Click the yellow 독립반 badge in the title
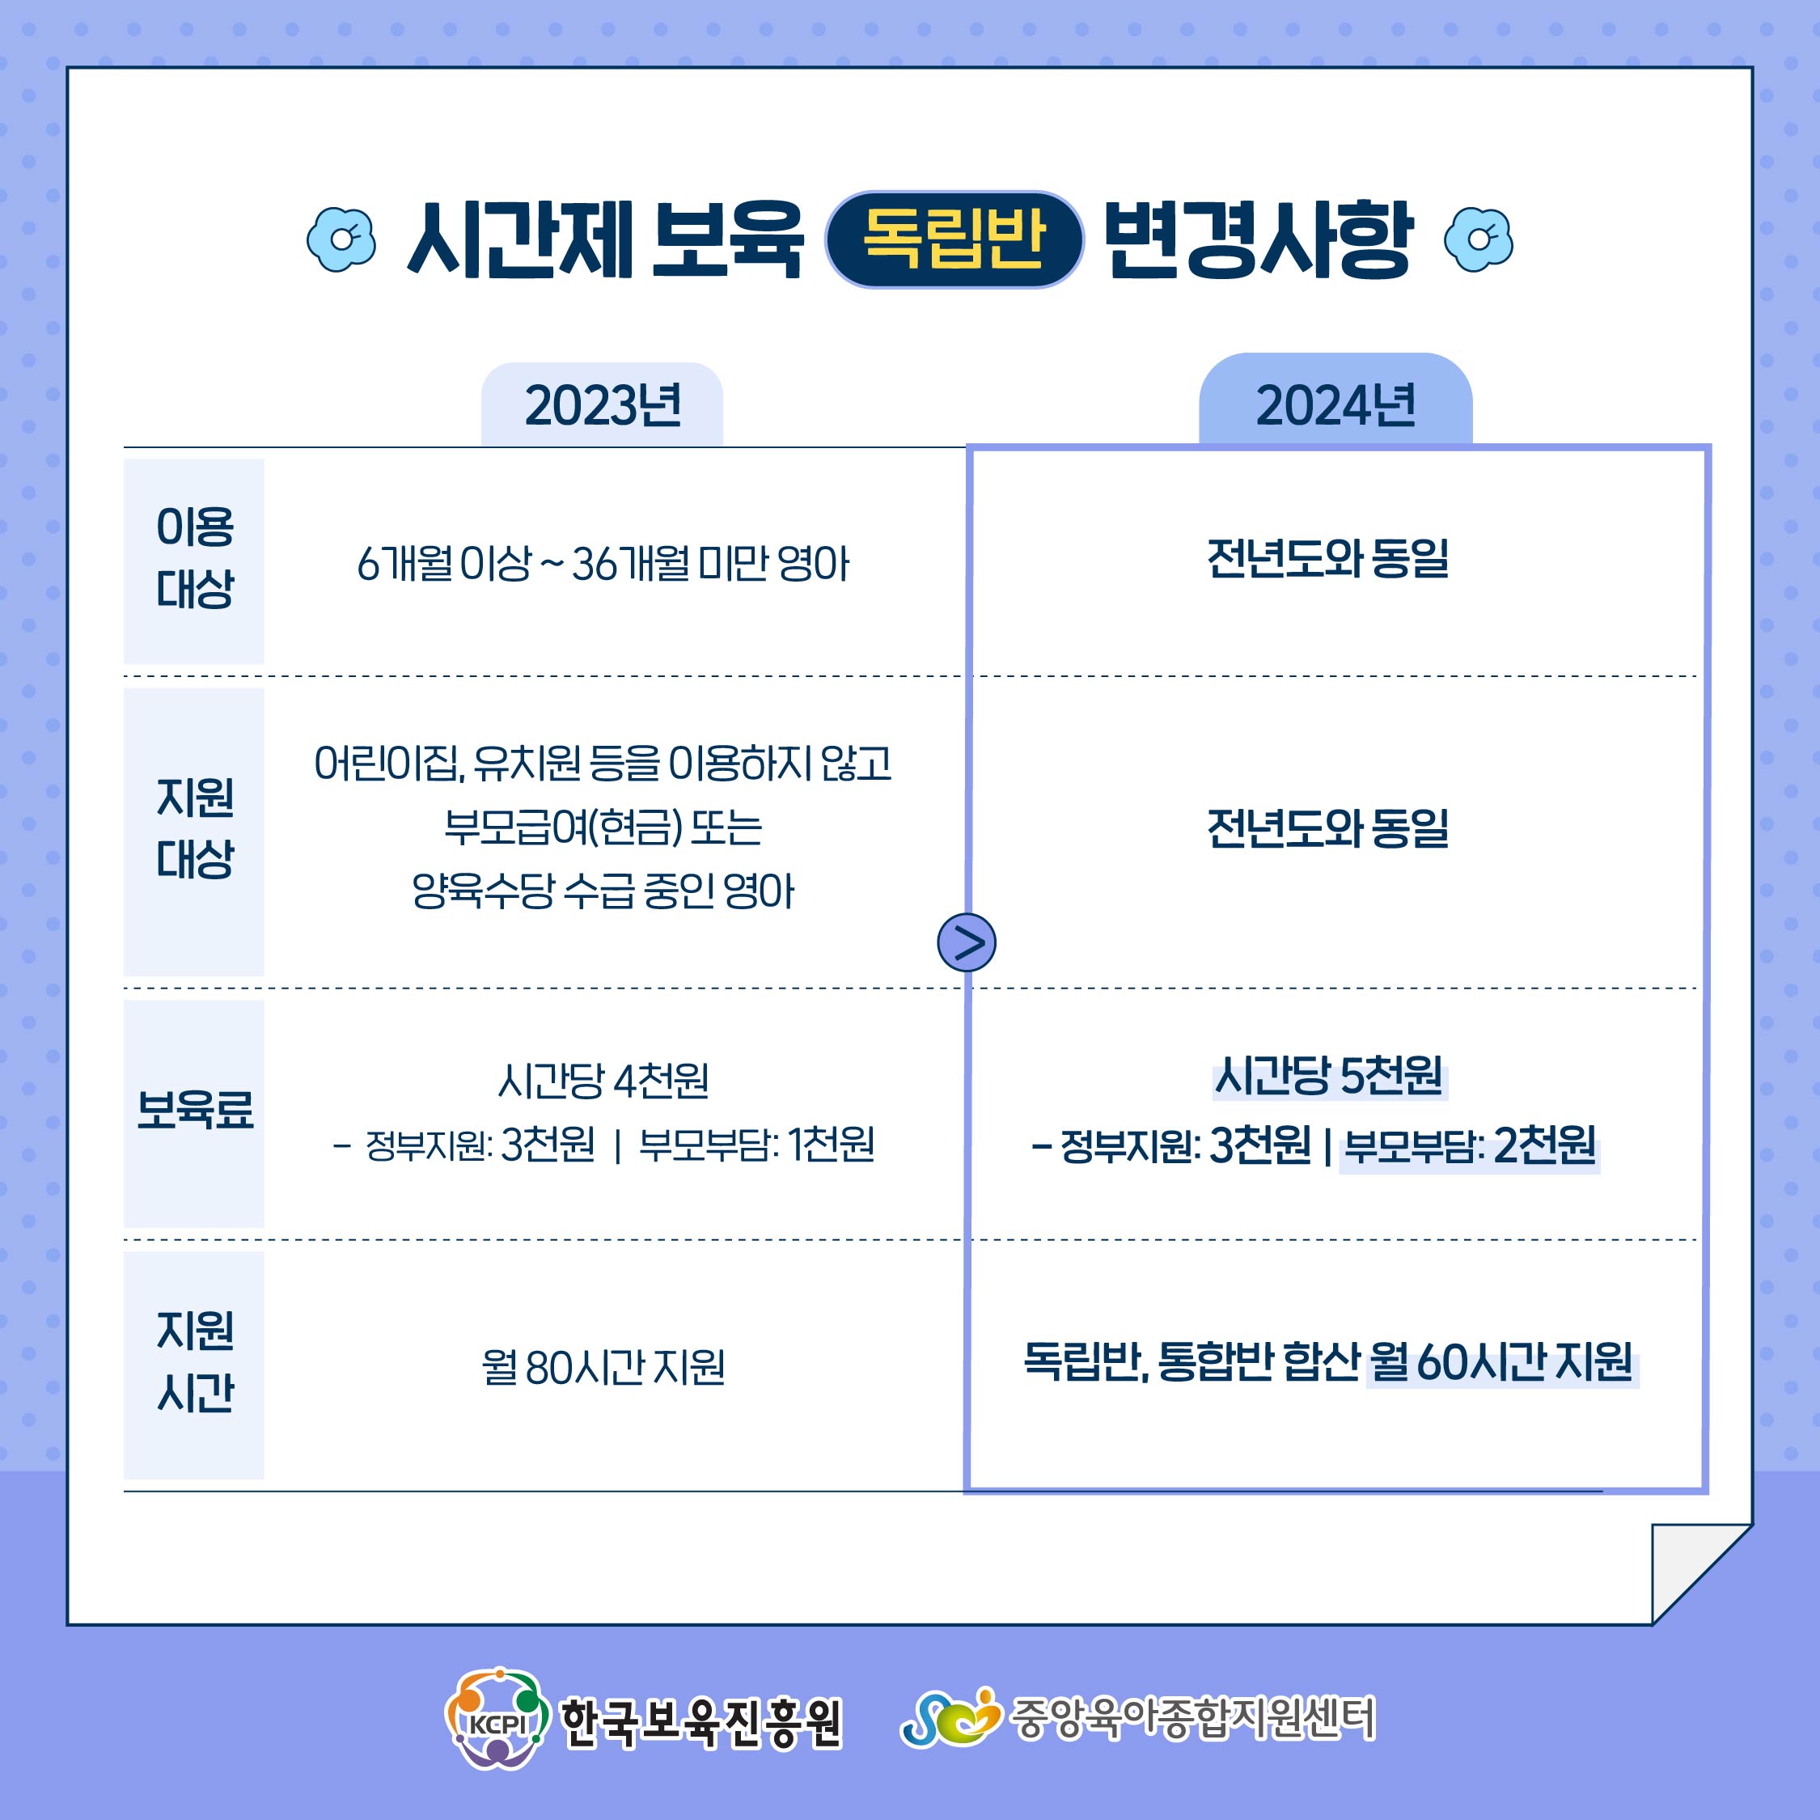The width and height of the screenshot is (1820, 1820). point(954,239)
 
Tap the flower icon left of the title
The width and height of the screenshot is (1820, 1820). point(341,239)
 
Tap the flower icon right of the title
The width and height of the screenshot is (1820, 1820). point(1478,239)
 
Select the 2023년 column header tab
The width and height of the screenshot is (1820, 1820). point(602,405)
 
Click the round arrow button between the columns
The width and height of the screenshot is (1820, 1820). point(967,942)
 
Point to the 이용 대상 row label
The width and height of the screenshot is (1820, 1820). point(194,559)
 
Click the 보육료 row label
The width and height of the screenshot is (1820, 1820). point(194,1109)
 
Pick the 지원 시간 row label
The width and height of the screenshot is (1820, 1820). point(194,1361)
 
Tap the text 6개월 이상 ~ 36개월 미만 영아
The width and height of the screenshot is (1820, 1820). point(603,565)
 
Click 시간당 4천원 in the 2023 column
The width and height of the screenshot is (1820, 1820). point(603,1080)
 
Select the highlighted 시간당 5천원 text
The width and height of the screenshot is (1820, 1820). point(1328,1076)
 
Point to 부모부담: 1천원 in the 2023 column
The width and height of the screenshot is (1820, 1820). point(756,1145)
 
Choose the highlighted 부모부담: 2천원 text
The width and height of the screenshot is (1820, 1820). point(1470,1145)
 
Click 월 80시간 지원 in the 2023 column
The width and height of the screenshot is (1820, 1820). point(603,1367)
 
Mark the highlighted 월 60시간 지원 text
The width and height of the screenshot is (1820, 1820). point(1501,1361)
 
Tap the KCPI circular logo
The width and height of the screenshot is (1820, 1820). point(497,1721)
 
